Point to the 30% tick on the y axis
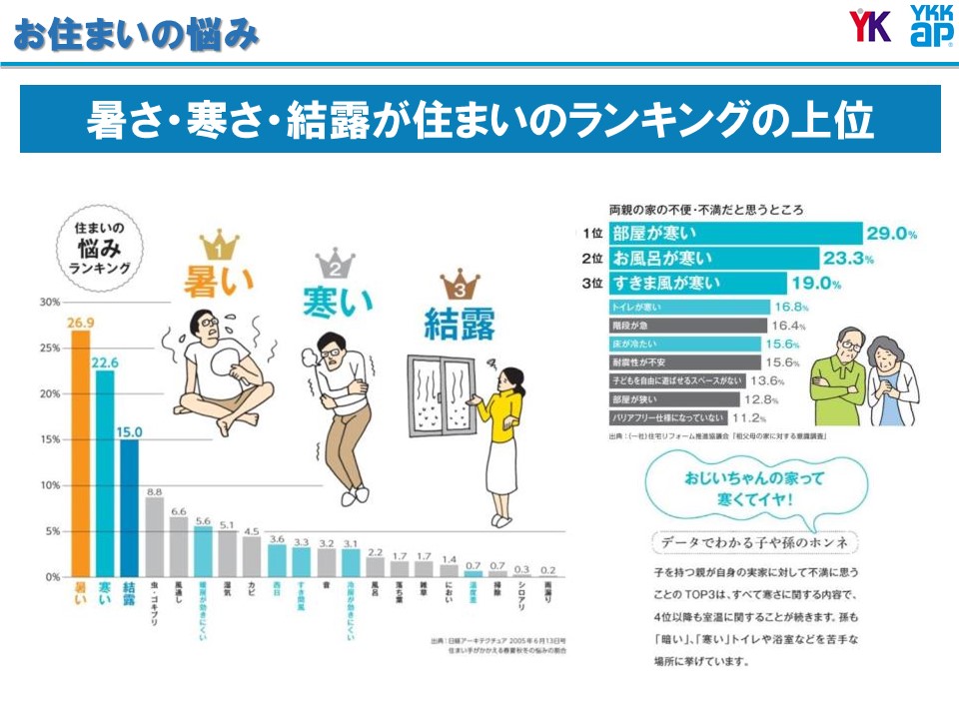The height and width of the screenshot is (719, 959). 49,302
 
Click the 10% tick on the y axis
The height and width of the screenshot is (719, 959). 49,485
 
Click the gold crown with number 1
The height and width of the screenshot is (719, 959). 220,244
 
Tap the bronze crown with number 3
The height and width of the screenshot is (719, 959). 460,285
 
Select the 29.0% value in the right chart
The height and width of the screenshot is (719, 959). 891,234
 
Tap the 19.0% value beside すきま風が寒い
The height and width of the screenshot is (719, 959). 816,284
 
